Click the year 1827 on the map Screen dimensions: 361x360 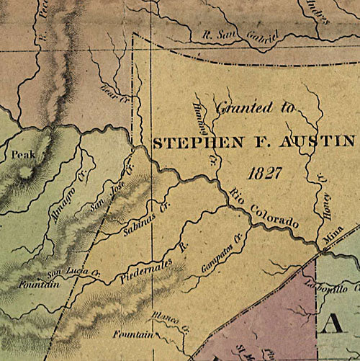262,174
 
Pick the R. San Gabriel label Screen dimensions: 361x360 238,37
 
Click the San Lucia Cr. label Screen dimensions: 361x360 67,273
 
